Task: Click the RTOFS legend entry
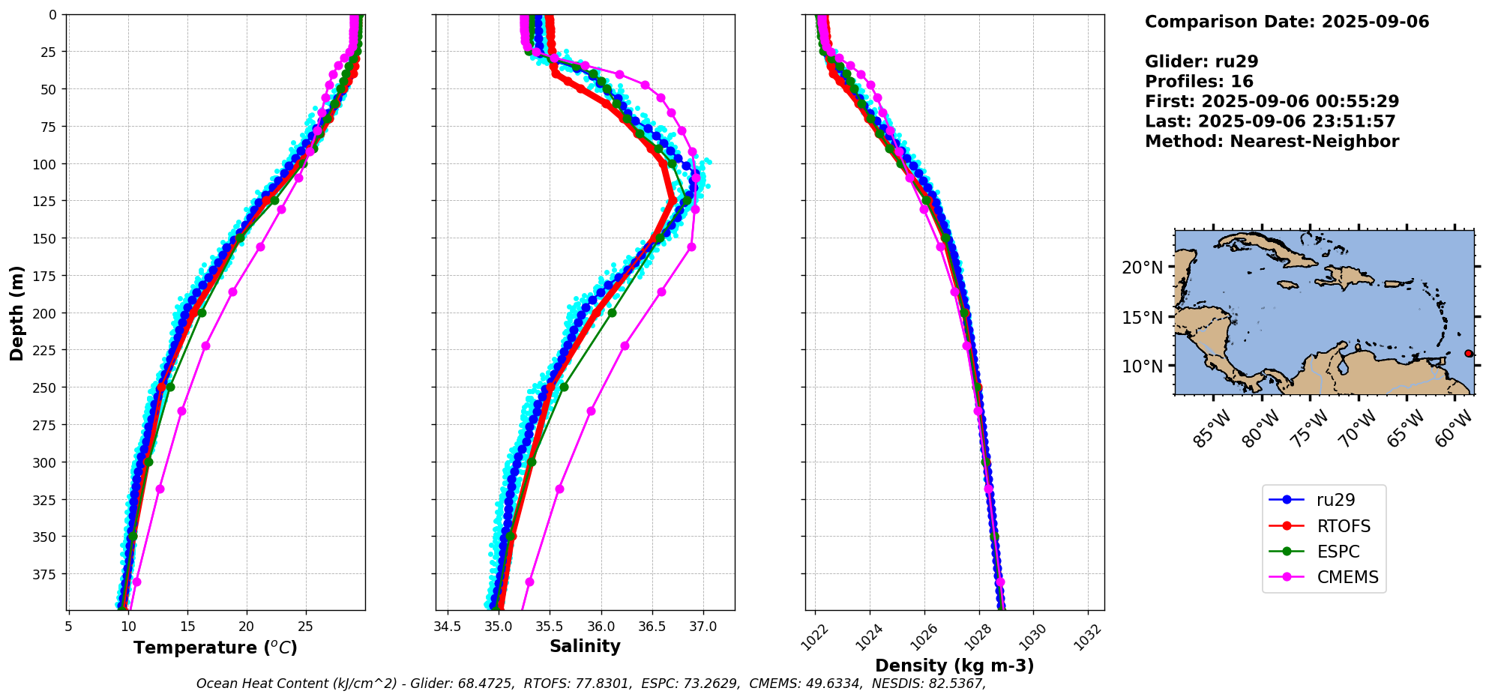coord(1335,526)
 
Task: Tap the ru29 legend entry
coord(1335,500)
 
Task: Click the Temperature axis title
coord(215,648)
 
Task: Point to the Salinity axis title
coord(585,646)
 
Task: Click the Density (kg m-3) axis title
coord(954,666)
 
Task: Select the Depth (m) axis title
coord(16,313)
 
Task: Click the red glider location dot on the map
coord(1468,353)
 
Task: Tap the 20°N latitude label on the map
coord(1142,268)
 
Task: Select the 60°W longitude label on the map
coord(1452,429)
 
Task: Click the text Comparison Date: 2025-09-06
coord(1287,22)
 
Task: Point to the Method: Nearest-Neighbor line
coord(1272,142)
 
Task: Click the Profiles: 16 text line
coord(1199,82)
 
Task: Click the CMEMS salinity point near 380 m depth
coord(529,582)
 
